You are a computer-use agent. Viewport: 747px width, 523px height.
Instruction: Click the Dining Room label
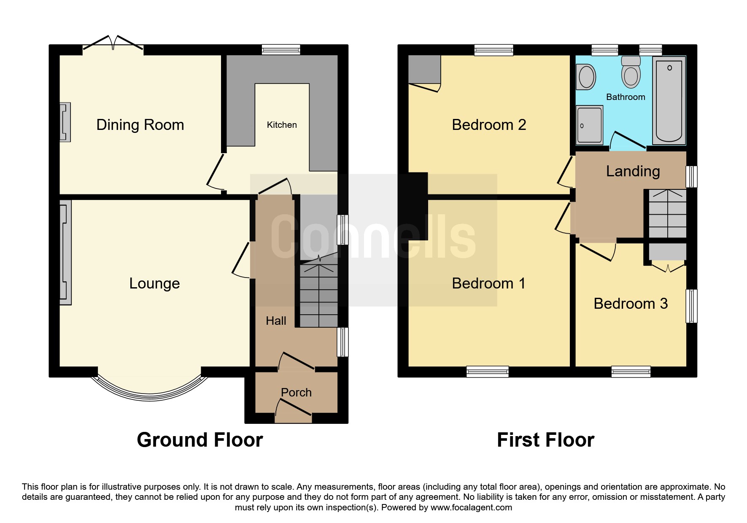140,125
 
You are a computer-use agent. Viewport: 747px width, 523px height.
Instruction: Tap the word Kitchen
282,125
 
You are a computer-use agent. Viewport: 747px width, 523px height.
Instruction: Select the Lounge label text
154,283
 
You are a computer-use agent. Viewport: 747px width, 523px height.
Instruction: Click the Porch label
296,393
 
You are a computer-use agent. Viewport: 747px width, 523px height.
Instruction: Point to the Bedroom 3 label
631,304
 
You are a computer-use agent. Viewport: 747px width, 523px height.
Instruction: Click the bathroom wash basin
585,77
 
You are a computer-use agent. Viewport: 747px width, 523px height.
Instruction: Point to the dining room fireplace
65,122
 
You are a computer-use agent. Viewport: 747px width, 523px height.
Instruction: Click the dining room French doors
113,44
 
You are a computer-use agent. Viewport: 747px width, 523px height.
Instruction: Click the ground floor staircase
318,295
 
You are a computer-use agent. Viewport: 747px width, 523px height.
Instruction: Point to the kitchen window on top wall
281,50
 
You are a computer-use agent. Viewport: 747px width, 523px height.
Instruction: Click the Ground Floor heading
200,440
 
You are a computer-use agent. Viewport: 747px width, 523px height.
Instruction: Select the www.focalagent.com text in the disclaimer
471,507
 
